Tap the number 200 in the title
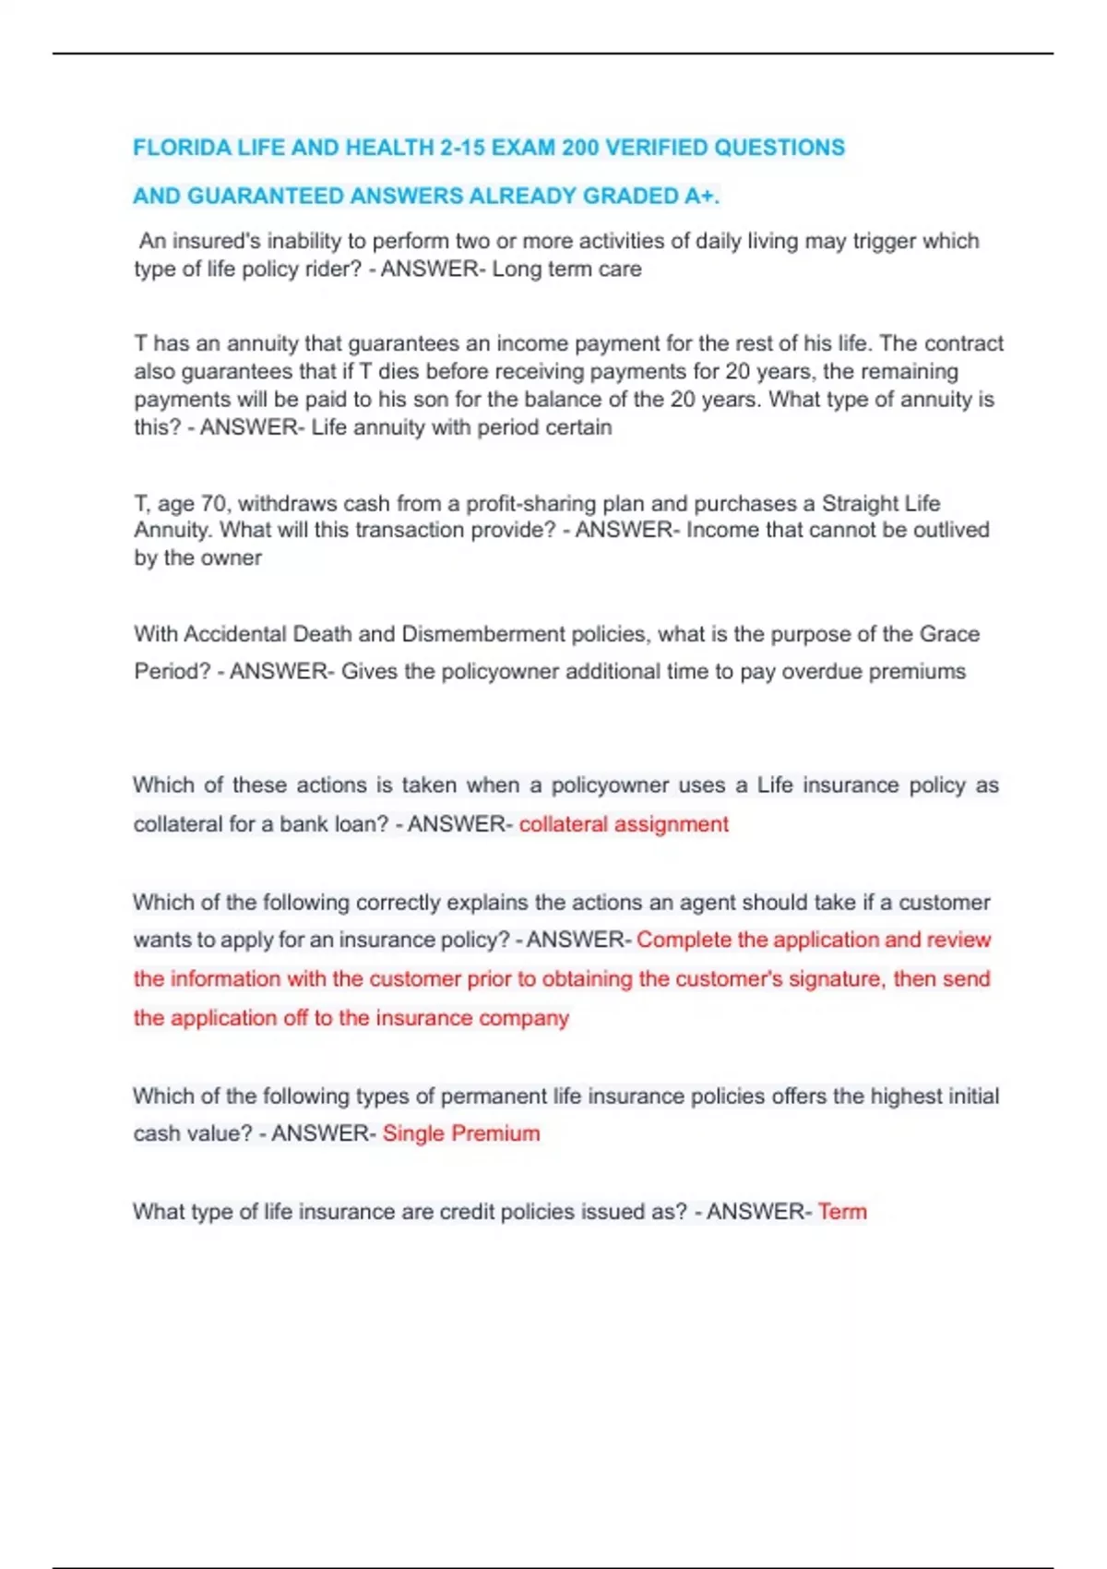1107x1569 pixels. tap(581, 148)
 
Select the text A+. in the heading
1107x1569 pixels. tap(702, 196)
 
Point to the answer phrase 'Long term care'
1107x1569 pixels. tap(566, 269)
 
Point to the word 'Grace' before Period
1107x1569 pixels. tap(949, 634)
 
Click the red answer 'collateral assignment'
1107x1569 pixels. tap(624, 824)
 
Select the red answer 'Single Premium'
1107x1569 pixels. tap(461, 1133)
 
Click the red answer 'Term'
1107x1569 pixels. tap(842, 1212)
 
